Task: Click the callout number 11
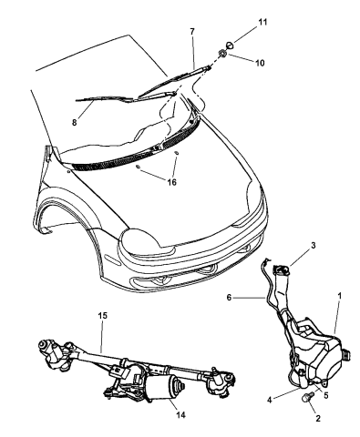pyautogui.click(x=262, y=22)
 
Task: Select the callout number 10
pyautogui.click(x=260, y=63)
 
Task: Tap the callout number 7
pyautogui.click(x=192, y=31)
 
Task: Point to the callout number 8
pyautogui.click(x=75, y=123)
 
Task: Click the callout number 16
pyautogui.click(x=171, y=182)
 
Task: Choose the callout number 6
pyautogui.click(x=229, y=298)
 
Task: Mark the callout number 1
pyautogui.click(x=340, y=295)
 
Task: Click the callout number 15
pyautogui.click(x=103, y=316)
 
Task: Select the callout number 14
pyautogui.click(x=180, y=414)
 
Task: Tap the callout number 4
pyautogui.click(x=269, y=401)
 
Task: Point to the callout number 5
pyautogui.click(x=326, y=396)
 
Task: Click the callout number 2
pyautogui.click(x=318, y=418)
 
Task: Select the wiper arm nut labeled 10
pyautogui.click(x=222, y=54)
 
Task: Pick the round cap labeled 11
pyautogui.click(x=231, y=46)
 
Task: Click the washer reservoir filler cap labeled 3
pyautogui.click(x=280, y=269)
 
